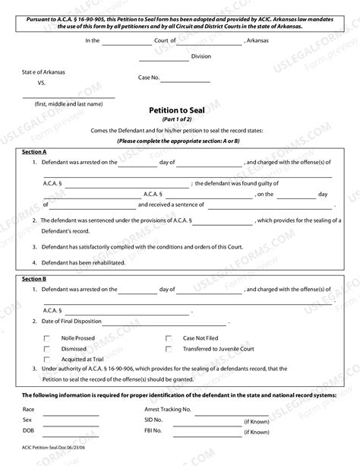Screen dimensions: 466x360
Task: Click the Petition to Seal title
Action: [x=179, y=109]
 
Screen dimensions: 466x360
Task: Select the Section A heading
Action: [x=33, y=151]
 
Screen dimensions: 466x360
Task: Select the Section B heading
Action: [x=33, y=279]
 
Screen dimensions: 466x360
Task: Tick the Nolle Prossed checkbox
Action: [x=47, y=338]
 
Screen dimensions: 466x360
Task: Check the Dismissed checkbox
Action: [x=47, y=348]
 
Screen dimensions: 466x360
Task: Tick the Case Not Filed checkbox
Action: [x=168, y=338]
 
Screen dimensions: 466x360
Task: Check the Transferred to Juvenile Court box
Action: [x=168, y=348]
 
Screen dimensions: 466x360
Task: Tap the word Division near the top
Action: [x=201, y=56]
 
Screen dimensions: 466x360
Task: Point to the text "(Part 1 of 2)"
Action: [x=179, y=119]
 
